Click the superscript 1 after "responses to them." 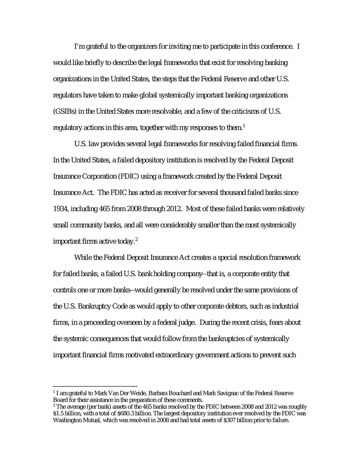[x=244, y=126]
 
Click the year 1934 [x=61, y=209]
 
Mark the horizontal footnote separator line [x=95, y=386]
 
